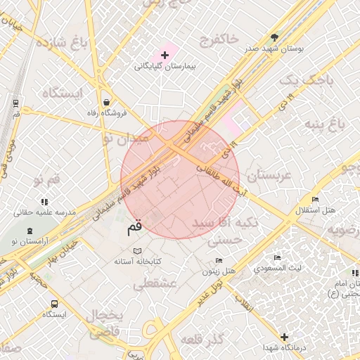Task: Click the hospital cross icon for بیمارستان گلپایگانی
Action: coord(165,55)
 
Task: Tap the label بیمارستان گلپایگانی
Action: coord(166,67)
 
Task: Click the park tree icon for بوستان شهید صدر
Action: coord(274,38)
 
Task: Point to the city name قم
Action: coord(134,228)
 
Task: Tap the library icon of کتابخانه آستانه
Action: coord(137,250)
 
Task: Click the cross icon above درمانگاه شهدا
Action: coord(284,337)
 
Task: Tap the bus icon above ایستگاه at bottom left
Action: coord(55,304)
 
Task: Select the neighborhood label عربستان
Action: coord(264,176)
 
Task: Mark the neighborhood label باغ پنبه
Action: coord(324,124)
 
